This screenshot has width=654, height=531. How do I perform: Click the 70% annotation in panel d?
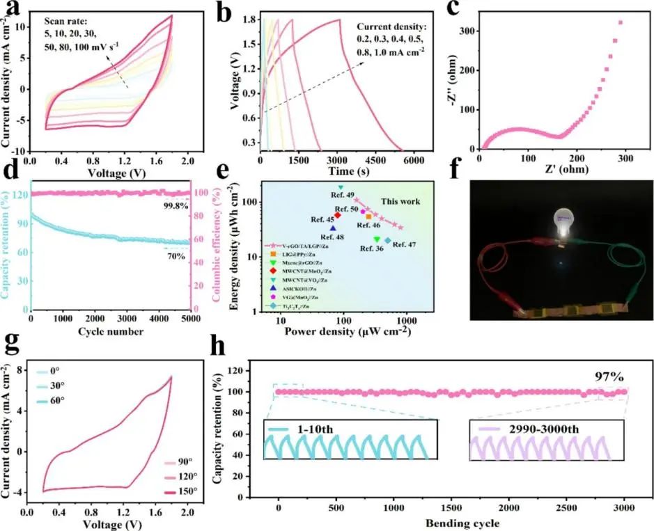(176, 256)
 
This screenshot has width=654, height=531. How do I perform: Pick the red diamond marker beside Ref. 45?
(338, 215)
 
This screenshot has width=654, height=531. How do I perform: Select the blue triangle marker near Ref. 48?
(333, 228)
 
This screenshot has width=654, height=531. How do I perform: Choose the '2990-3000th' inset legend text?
(540, 427)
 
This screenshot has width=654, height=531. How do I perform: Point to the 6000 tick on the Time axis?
(414, 160)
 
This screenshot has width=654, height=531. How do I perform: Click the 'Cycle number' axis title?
(111, 332)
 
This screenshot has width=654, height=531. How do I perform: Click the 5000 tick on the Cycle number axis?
(189, 319)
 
